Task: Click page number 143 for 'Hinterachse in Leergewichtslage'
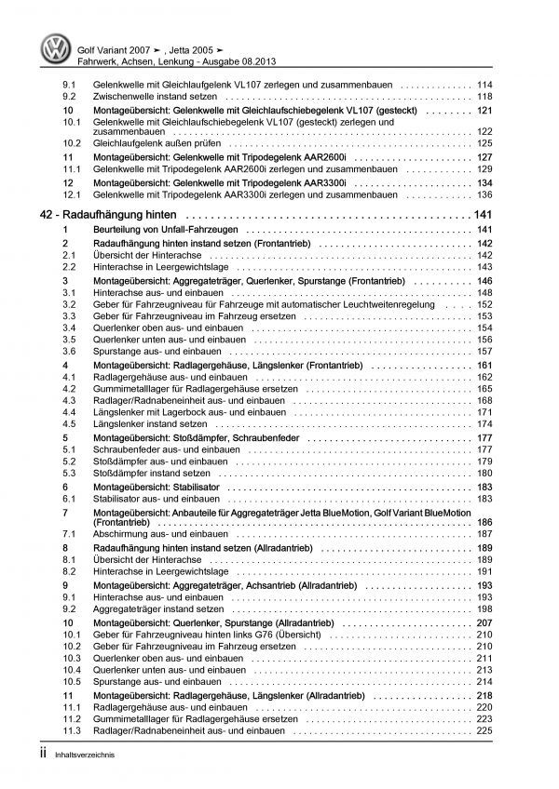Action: (484, 267)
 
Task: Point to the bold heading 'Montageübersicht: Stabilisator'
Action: (158, 486)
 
